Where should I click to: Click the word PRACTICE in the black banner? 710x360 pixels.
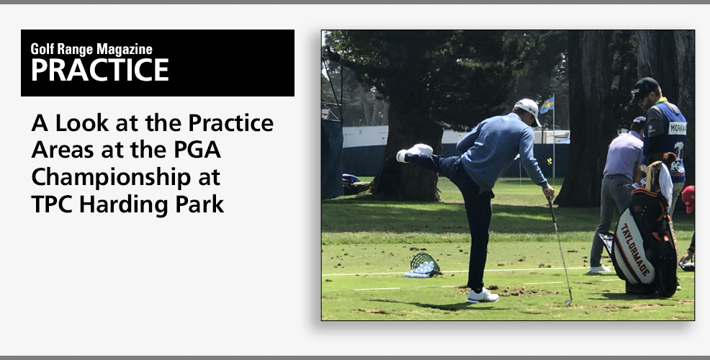coord(99,69)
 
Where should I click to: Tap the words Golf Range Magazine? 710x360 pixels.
coord(91,49)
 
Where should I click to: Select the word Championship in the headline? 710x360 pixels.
coord(111,178)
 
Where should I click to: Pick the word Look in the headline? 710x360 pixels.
coord(82,122)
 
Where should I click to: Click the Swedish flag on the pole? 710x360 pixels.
coord(547,104)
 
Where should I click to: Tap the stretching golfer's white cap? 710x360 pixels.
coord(529,109)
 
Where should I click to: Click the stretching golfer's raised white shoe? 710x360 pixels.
coord(414,152)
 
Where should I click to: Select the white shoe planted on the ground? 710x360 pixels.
coord(482,296)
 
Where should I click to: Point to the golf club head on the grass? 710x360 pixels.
coord(568,302)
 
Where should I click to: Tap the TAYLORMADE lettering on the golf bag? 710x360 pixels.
coord(637,250)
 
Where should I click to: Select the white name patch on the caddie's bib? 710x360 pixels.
coord(678,128)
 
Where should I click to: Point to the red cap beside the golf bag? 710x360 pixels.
coord(688,198)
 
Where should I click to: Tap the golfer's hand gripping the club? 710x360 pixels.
coord(549,192)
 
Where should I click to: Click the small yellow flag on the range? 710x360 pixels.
coord(549,161)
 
